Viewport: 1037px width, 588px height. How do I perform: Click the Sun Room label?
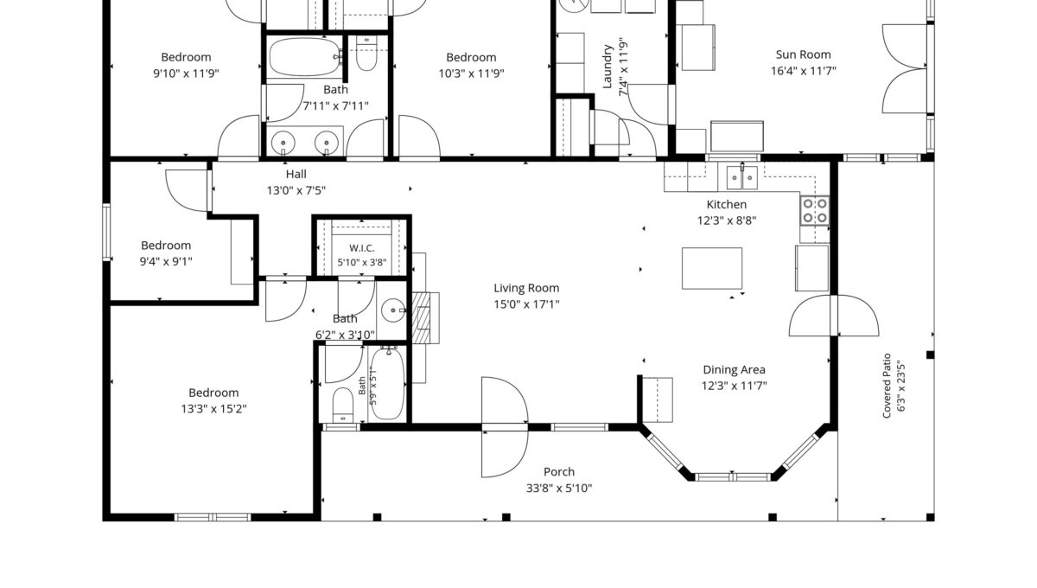[x=803, y=54]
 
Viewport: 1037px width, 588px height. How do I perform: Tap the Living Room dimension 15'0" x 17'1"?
[x=526, y=304]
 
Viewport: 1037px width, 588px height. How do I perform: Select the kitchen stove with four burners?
[x=815, y=211]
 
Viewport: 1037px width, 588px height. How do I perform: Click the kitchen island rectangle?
[x=712, y=268]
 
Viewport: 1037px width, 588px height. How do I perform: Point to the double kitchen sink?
[x=742, y=177]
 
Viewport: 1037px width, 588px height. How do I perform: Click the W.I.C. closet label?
[x=362, y=248]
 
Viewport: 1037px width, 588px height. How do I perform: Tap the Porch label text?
[x=559, y=472]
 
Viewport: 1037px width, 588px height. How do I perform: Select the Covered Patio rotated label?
[x=887, y=386]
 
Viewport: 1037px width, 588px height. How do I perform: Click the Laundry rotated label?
[x=608, y=67]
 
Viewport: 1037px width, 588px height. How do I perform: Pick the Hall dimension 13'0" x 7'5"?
[x=296, y=190]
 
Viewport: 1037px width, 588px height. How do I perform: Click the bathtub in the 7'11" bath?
[x=304, y=56]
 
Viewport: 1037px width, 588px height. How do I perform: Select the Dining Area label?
[x=735, y=370]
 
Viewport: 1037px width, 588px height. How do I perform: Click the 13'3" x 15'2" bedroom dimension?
[x=214, y=409]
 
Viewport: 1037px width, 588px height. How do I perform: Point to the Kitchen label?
[x=727, y=204]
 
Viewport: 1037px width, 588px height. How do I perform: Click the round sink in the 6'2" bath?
[x=393, y=310]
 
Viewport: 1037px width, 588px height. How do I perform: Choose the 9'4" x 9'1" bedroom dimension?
[x=166, y=261]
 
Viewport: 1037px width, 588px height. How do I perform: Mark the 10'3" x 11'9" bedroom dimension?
[x=471, y=73]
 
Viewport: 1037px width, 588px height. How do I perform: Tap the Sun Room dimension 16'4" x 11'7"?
[x=803, y=71]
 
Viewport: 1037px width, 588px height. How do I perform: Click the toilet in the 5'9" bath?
[x=342, y=405]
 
